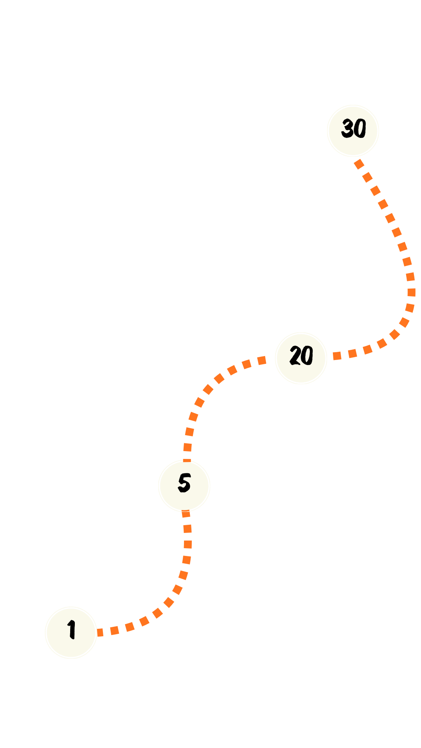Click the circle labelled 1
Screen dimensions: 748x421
71,632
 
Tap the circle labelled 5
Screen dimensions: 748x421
184,485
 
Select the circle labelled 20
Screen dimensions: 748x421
301,358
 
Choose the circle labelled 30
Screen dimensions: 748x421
353,131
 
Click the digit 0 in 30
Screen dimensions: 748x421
360,129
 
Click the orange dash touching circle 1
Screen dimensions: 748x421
100,632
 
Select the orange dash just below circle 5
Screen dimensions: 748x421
186,514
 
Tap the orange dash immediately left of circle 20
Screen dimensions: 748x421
262,360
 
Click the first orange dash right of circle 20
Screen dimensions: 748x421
337,356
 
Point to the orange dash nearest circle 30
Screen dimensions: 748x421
359,164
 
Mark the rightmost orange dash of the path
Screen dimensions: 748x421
411,292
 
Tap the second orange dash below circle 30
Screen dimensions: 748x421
367,177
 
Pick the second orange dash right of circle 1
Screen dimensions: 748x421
114,630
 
